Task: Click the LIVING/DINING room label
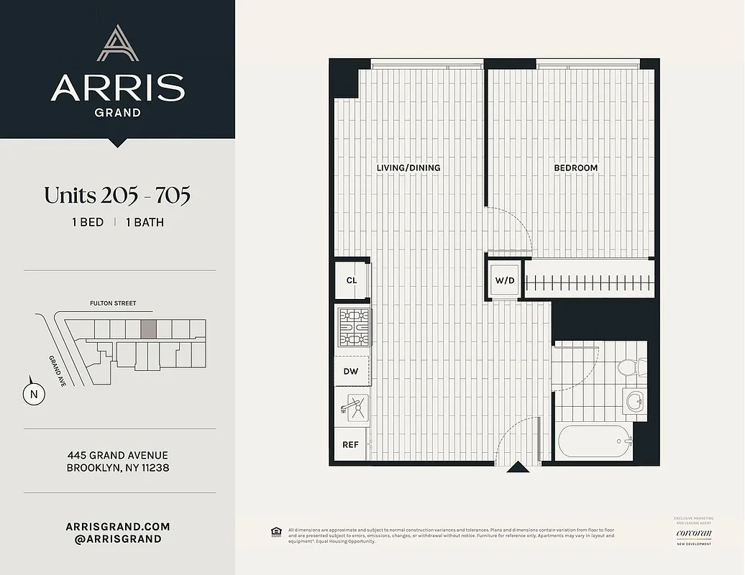pyautogui.click(x=408, y=167)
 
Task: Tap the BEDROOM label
pyautogui.click(x=575, y=167)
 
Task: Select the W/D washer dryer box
pyautogui.click(x=504, y=280)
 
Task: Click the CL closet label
pyautogui.click(x=351, y=280)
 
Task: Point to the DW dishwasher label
pyautogui.click(x=351, y=371)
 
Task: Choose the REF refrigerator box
pyautogui.click(x=350, y=444)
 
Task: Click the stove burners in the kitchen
pyautogui.click(x=353, y=327)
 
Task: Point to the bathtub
pyautogui.click(x=594, y=442)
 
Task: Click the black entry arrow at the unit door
pyautogui.click(x=516, y=469)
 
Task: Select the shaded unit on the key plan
pyautogui.click(x=148, y=329)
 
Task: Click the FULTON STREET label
pyautogui.click(x=113, y=303)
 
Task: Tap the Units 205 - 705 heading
pyautogui.click(x=117, y=195)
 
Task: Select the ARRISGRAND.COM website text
pyautogui.click(x=117, y=527)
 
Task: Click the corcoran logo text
pyautogui.click(x=693, y=533)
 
